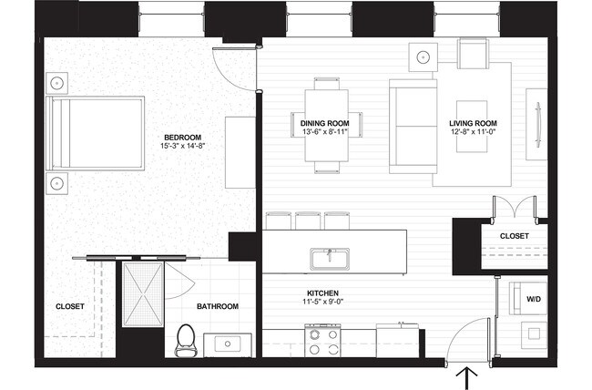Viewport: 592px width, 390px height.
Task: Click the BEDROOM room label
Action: (x=183, y=138)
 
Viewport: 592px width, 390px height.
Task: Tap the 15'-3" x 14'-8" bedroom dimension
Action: (x=183, y=146)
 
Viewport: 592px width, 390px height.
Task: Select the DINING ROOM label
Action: (x=325, y=123)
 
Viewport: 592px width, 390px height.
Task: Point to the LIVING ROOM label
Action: (x=473, y=123)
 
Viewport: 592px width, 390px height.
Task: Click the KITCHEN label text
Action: (x=322, y=293)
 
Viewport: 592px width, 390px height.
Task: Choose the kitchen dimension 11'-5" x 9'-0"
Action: (x=322, y=302)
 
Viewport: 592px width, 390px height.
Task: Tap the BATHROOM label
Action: (x=218, y=306)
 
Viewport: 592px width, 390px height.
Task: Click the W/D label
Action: (x=534, y=299)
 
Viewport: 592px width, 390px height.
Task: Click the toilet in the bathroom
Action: (x=185, y=341)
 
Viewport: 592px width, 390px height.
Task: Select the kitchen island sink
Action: (x=330, y=260)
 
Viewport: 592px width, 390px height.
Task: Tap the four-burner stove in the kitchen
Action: (x=322, y=341)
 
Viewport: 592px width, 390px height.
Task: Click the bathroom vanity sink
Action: (x=228, y=344)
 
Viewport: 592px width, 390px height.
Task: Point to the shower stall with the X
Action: (x=143, y=293)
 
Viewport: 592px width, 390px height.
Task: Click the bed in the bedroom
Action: (x=95, y=133)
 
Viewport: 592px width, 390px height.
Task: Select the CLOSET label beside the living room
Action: (x=515, y=236)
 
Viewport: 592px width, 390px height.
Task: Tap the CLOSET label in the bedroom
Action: (x=70, y=306)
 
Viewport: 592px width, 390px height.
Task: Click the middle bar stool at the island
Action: (x=308, y=221)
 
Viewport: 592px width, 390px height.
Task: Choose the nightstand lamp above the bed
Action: (x=57, y=83)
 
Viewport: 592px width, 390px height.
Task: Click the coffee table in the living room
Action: (x=472, y=127)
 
